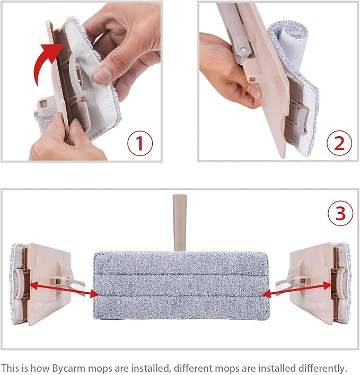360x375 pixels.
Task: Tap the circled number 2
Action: [x=339, y=143]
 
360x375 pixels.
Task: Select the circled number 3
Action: [x=340, y=213]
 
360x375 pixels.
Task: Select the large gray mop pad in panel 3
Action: [x=180, y=281]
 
